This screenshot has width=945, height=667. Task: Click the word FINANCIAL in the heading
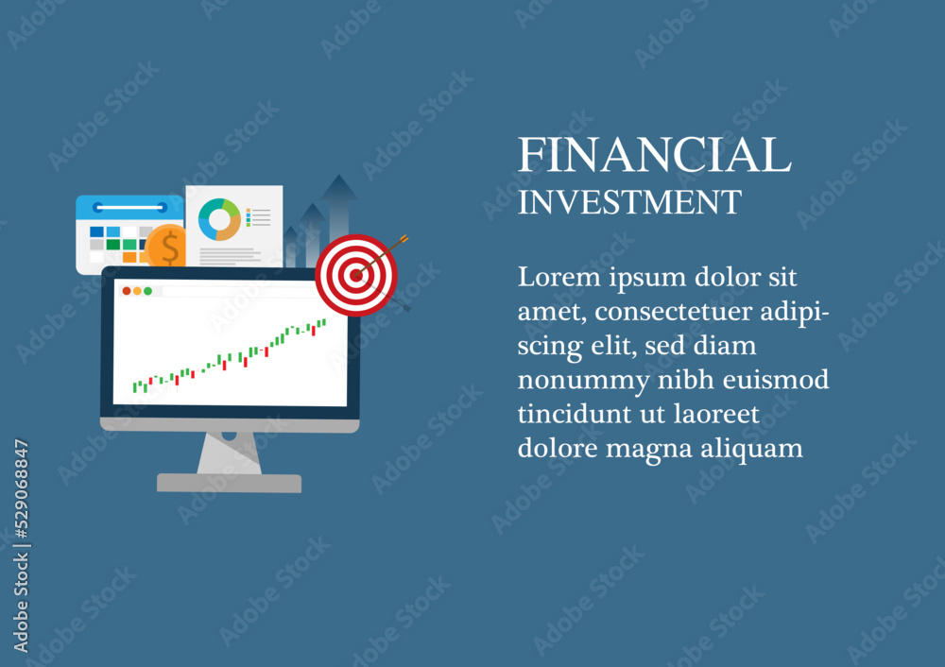(655, 154)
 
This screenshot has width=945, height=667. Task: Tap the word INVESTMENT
(629, 202)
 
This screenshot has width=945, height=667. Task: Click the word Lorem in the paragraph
(559, 277)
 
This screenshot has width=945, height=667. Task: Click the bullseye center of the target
(356, 275)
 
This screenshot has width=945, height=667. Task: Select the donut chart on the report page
(219, 219)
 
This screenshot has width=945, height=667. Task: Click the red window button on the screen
(127, 291)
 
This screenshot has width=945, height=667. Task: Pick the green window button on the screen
(147, 291)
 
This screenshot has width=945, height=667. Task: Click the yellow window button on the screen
(137, 291)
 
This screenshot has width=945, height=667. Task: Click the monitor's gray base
(229, 483)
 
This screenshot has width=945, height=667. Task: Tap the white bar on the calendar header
(129, 207)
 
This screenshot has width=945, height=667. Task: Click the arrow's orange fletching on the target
(402, 240)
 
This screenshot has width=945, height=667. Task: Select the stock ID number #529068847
(22, 488)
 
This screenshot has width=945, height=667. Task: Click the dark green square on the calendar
(112, 244)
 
